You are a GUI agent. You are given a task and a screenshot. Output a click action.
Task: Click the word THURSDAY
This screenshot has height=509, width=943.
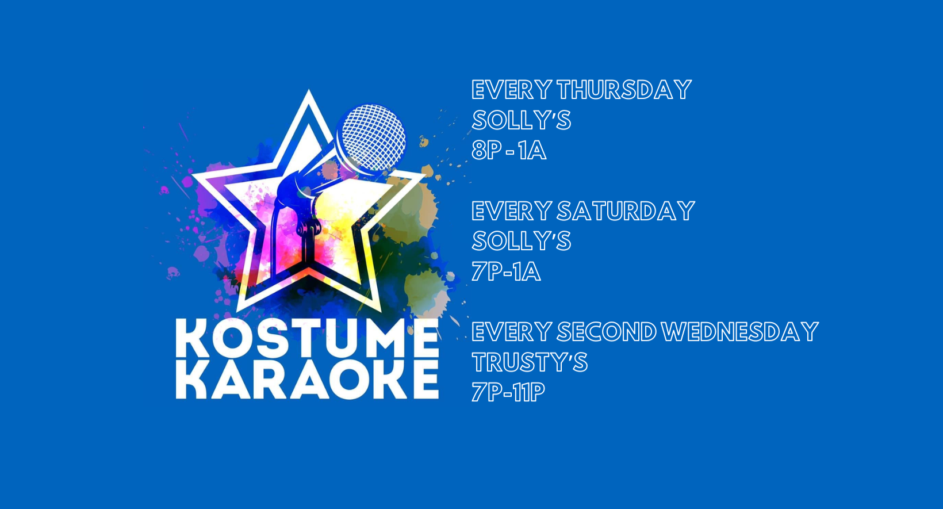point(624,90)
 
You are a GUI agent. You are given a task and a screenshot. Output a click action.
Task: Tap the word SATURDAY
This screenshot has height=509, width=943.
point(626,211)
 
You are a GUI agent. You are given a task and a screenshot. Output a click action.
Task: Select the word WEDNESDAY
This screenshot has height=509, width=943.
point(739,332)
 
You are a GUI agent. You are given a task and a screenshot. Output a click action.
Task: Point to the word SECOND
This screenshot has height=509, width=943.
point(606,332)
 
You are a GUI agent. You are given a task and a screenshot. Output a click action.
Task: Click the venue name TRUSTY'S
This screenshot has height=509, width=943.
point(530,362)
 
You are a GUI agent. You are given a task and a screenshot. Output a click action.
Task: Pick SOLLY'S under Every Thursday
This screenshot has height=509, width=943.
point(521,120)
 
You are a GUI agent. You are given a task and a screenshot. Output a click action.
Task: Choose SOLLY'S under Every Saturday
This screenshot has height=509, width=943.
point(521,241)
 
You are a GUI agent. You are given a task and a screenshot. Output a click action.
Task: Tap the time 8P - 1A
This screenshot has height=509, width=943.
point(509,151)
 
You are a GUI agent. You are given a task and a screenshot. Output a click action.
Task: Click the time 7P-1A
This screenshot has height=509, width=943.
point(506,271)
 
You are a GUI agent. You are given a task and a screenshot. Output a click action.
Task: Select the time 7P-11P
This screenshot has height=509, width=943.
point(508,393)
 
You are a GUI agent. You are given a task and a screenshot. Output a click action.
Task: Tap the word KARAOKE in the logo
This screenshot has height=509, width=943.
point(307,380)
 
